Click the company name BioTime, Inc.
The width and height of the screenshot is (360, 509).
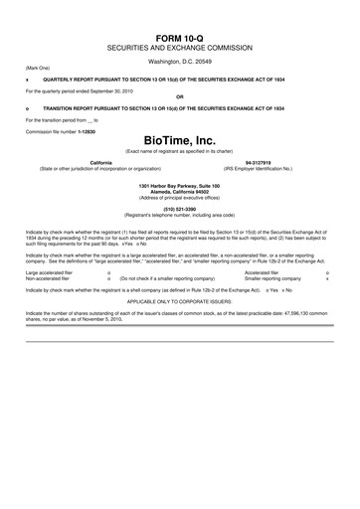coord(179,141)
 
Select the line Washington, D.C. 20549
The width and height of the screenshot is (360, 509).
coord(179,61)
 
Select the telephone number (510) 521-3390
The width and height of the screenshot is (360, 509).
coord(179,210)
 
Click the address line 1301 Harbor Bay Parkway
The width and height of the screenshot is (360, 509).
coord(179,186)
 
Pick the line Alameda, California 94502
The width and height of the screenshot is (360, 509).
coord(179,192)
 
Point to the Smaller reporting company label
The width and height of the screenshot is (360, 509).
coord(272,278)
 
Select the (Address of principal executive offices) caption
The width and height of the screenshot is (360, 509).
coord(179,198)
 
